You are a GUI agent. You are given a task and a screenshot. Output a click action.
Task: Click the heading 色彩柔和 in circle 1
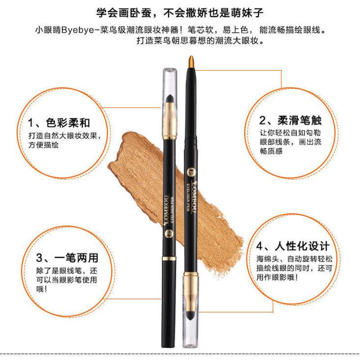tap(68, 123)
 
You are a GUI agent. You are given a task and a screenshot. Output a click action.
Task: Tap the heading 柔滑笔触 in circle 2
tap(299, 121)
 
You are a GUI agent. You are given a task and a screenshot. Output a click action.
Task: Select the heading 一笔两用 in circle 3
tap(76, 257)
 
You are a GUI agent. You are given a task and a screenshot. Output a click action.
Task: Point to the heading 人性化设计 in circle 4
tap(302, 246)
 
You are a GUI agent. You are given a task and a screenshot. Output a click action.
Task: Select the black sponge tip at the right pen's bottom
tap(190, 316)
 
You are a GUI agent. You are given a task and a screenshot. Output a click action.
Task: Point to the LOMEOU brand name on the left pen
tap(166, 210)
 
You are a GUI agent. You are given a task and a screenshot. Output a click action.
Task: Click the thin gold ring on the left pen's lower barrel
tap(169, 258)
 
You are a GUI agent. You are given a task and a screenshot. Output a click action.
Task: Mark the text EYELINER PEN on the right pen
tap(188, 197)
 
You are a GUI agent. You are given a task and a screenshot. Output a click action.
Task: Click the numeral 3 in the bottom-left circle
tap(40, 258)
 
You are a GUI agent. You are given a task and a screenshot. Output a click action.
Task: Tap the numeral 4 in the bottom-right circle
tap(260, 246)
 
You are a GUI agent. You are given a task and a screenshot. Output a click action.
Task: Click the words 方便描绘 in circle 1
tap(43, 145)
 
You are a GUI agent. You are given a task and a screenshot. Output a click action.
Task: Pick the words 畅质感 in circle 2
tap(271, 151)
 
